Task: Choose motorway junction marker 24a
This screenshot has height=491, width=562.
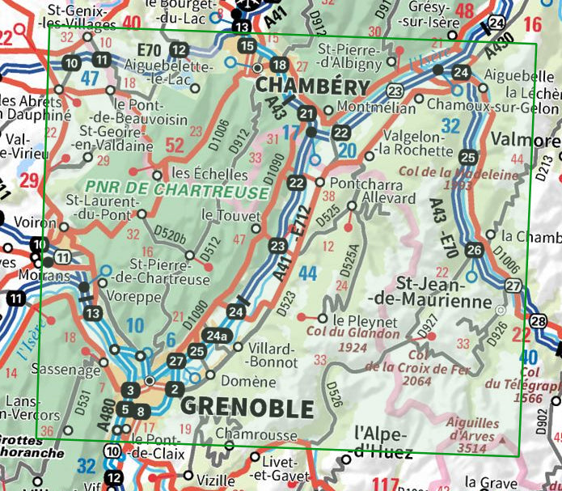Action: pos(215,336)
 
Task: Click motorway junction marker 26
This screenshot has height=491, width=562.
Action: pos(475,250)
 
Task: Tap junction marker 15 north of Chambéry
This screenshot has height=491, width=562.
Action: pos(247,45)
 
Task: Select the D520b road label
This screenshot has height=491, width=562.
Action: pos(172,237)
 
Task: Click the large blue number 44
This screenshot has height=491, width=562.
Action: pos(307,273)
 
